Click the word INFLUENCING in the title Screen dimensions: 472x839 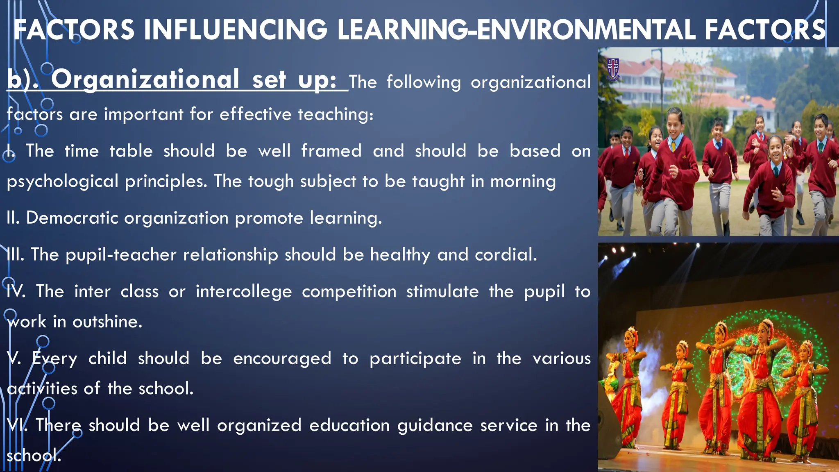click(x=236, y=30)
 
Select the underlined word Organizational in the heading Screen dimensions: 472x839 click(x=145, y=79)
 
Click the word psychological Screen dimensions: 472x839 click(x=63, y=182)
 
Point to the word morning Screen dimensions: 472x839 click(x=523, y=182)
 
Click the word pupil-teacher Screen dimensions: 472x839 click(x=121, y=255)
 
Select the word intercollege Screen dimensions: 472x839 click(x=244, y=292)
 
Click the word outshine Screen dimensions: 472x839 click(x=107, y=322)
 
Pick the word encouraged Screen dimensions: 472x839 click(x=282, y=359)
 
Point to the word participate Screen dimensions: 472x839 click(x=415, y=359)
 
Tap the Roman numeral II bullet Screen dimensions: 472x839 click(x=13, y=218)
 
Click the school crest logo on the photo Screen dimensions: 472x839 click(x=613, y=69)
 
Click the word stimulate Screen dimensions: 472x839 click(x=442, y=292)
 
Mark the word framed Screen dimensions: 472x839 click(x=331, y=151)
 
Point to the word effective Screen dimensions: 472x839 click(x=255, y=114)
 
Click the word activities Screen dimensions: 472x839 click(x=42, y=388)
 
